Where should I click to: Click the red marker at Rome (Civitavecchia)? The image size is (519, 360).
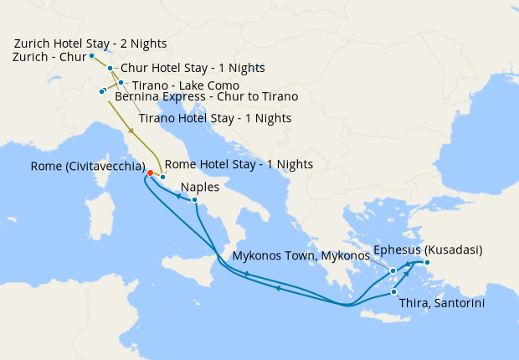point(150,173)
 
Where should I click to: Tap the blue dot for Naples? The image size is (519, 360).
point(194,200)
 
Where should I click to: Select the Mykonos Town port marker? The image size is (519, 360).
point(393,270)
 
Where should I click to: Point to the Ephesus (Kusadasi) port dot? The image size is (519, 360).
point(426,263)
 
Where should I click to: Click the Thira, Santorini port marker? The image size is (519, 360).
point(393,292)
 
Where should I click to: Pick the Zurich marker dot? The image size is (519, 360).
point(91,55)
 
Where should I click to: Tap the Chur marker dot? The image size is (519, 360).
point(110,68)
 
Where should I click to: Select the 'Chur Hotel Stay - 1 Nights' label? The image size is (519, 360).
point(193,68)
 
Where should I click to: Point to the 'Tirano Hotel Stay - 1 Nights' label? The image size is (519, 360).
point(214,119)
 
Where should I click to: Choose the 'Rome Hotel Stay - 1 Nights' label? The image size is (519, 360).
point(239,165)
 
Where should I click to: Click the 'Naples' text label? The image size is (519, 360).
point(199,187)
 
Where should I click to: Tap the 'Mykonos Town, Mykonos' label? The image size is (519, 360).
point(301,255)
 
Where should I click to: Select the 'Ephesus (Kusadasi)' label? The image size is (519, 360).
point(428,249)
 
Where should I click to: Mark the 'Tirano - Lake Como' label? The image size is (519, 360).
point(186,85)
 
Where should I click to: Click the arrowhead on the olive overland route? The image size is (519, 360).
point(131,131)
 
